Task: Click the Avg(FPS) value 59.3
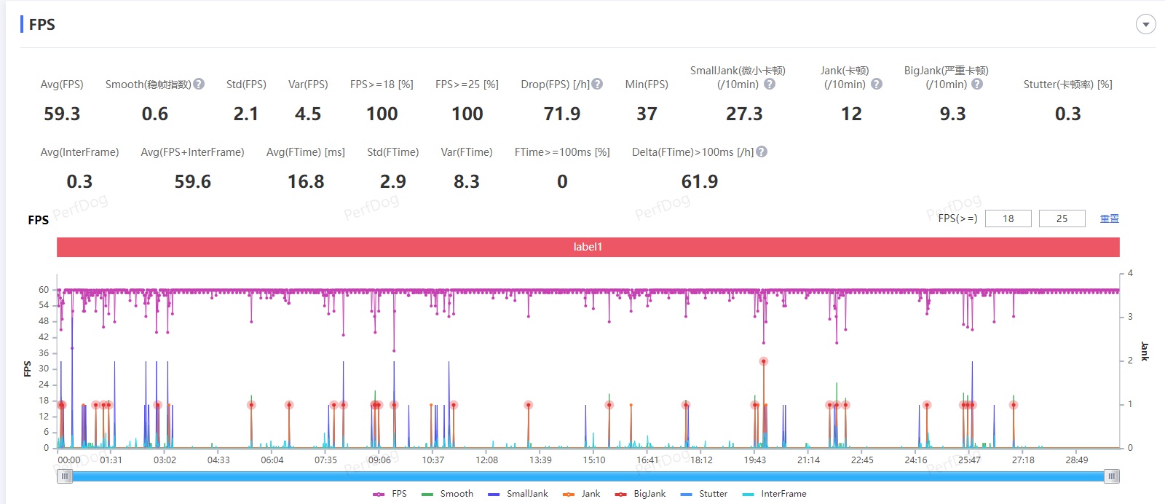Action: (x=62, y=114)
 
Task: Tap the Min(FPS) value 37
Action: (x=647, y=114)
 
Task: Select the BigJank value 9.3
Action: (x=952, y=114)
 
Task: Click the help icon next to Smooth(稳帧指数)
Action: (x=199, y=84)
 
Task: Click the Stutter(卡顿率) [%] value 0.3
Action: (x=1067, y=114)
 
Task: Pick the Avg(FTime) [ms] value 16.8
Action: (x=306, y=182)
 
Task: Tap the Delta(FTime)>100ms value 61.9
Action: (x=700, y=182)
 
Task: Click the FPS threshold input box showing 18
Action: (x=1008, y=218)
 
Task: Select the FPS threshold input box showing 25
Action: (x=1062, y=218)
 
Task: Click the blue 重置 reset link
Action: (x=1109, y=218)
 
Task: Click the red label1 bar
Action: (x=588, y=247)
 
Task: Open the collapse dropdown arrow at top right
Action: (x=1145, y=25)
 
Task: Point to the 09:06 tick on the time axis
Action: (x=379, y=460)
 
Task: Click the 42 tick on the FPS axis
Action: (x=44, y=337)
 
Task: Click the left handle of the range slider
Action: (x=65, y=476)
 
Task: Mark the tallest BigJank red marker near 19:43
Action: (x=763, y=361)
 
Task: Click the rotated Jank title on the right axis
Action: (x=1145, y=351)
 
